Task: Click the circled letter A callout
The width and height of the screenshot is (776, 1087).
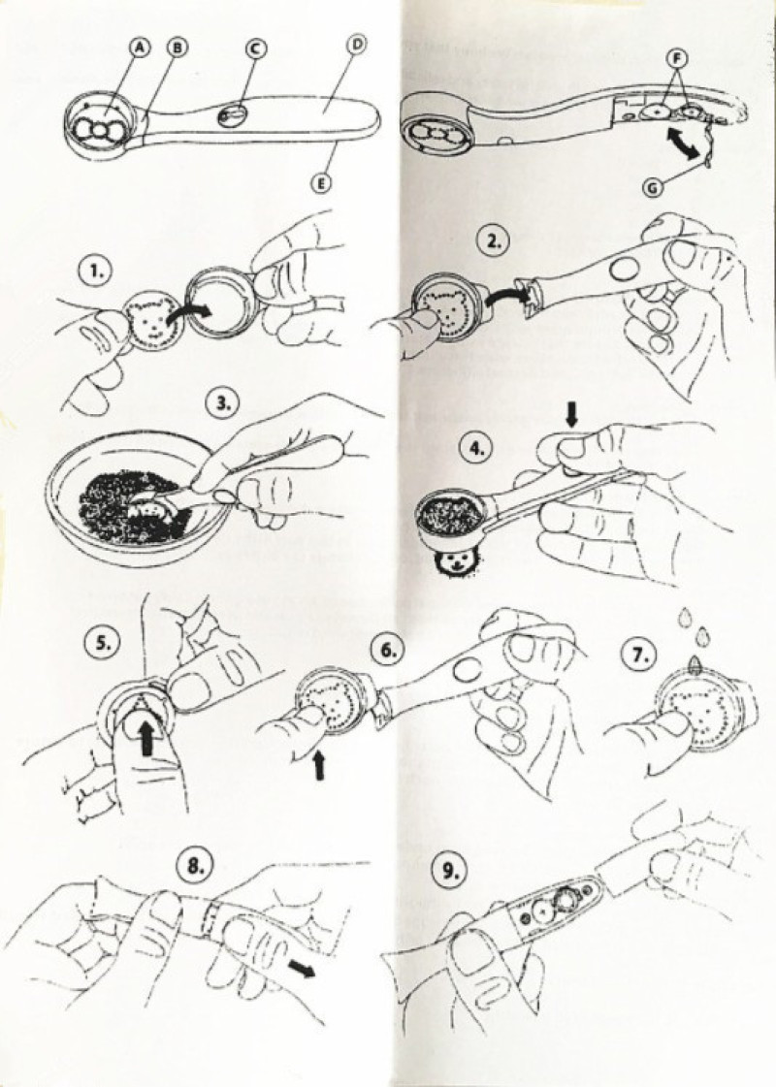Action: click(x=140, y=48)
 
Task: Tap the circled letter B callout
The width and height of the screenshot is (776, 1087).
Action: click(x=178, y=48)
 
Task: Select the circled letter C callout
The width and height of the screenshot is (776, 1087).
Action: click(x=255, y=48)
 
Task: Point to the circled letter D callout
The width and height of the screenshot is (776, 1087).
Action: click(x=356, y=45)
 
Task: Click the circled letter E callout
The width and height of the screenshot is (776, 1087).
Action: click(x=321, y=183)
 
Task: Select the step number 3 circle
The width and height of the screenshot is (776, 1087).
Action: click(x=223, y=404)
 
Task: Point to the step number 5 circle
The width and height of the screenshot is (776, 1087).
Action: click(x=101, y=643)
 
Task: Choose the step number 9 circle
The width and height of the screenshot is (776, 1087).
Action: click(x=451, y=870)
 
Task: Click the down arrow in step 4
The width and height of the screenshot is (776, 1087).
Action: click(x=572, y=415)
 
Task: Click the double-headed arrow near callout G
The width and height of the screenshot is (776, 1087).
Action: click(x=681, y=144)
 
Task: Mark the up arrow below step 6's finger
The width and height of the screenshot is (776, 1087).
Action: click(x=319, y=765)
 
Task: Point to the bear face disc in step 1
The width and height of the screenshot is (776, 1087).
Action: click(x=152, y=319)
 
